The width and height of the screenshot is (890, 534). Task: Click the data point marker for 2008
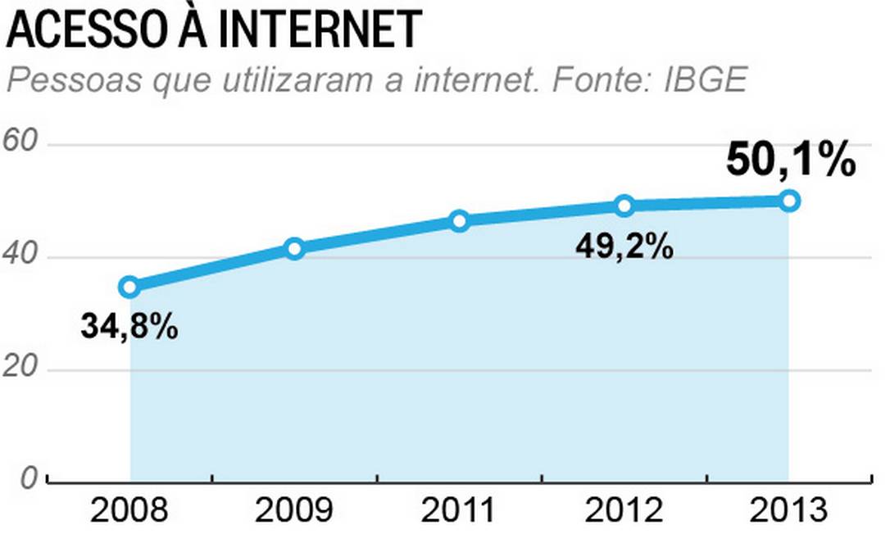[129, 287]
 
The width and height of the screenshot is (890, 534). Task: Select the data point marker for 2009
[295, 248]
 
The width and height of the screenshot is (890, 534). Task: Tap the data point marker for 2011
[460, 220]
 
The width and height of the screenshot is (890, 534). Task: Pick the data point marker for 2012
[624, 206]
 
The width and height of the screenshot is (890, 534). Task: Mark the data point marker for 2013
[789, 201]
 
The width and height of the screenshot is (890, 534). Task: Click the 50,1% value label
[791, 161]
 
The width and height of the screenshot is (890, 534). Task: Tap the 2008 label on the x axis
[129, 510]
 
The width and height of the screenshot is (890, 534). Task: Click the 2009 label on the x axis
[295, 510]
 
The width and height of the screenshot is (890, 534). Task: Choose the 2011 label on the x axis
[460, 510]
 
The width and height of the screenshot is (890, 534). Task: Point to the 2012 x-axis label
[624, 510]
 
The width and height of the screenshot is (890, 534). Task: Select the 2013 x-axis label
[789, 510]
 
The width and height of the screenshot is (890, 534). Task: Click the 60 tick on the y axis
[22, 142]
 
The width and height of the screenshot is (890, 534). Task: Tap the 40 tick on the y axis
[22, 256]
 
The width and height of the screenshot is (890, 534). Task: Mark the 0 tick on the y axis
[30, 479]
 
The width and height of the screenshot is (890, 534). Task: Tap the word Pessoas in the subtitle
[57, 81]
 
